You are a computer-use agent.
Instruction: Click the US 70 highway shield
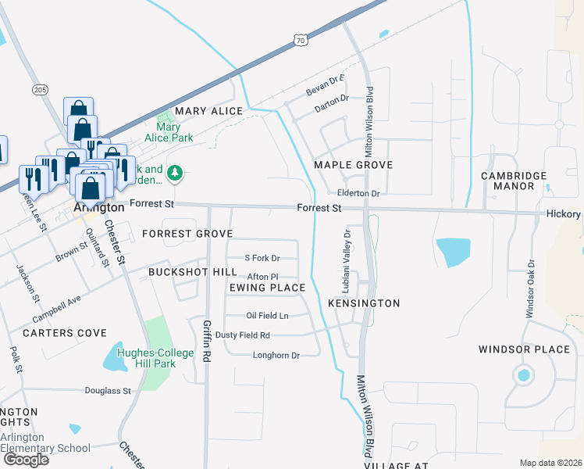[x=301, y=39]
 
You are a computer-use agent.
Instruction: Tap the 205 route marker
[x=41, y=91]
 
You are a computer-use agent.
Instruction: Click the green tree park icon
[x=176, y=173]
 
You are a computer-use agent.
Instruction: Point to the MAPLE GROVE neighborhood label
[x=353, y=165]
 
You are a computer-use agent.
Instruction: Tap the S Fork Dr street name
[x=262, y=258]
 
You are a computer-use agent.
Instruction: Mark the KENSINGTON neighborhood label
[x=364, y=303]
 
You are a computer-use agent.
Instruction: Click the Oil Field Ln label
[x=267, y=316]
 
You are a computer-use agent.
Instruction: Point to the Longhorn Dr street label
[x=276, y=355]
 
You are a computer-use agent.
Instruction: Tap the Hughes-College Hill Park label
[x=155, y=359]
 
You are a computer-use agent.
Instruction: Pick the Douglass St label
[x=108, y=389]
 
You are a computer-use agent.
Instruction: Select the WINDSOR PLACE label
[x=524, y=349]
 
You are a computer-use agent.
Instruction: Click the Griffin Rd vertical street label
[x=207, y=339]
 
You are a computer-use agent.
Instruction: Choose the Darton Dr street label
[x=331, y=98]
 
